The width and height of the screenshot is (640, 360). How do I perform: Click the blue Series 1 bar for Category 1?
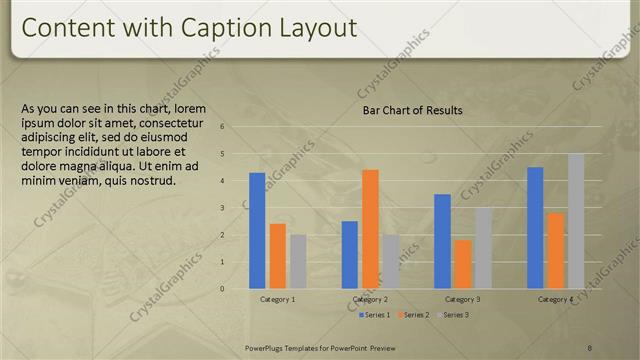(257, 231)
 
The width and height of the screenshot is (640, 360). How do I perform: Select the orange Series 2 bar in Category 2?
(370, 229)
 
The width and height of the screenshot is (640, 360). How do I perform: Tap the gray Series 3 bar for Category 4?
(576, 221)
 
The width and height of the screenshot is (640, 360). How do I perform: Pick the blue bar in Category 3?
(442, 241)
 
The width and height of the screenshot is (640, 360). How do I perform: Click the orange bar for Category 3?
(463, 264)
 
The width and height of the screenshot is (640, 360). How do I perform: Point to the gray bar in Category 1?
(298, 262)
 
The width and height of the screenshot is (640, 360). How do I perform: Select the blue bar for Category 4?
(535, 228)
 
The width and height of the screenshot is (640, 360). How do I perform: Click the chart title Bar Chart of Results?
(412, 110)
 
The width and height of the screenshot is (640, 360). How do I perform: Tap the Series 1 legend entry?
(374, 315)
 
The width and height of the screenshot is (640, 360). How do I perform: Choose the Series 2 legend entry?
(412, 315)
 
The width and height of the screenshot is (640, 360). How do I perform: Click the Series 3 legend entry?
(451, 315)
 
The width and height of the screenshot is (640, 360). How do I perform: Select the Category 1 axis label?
(277, 300)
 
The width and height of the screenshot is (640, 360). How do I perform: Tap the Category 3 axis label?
(462, 300)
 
